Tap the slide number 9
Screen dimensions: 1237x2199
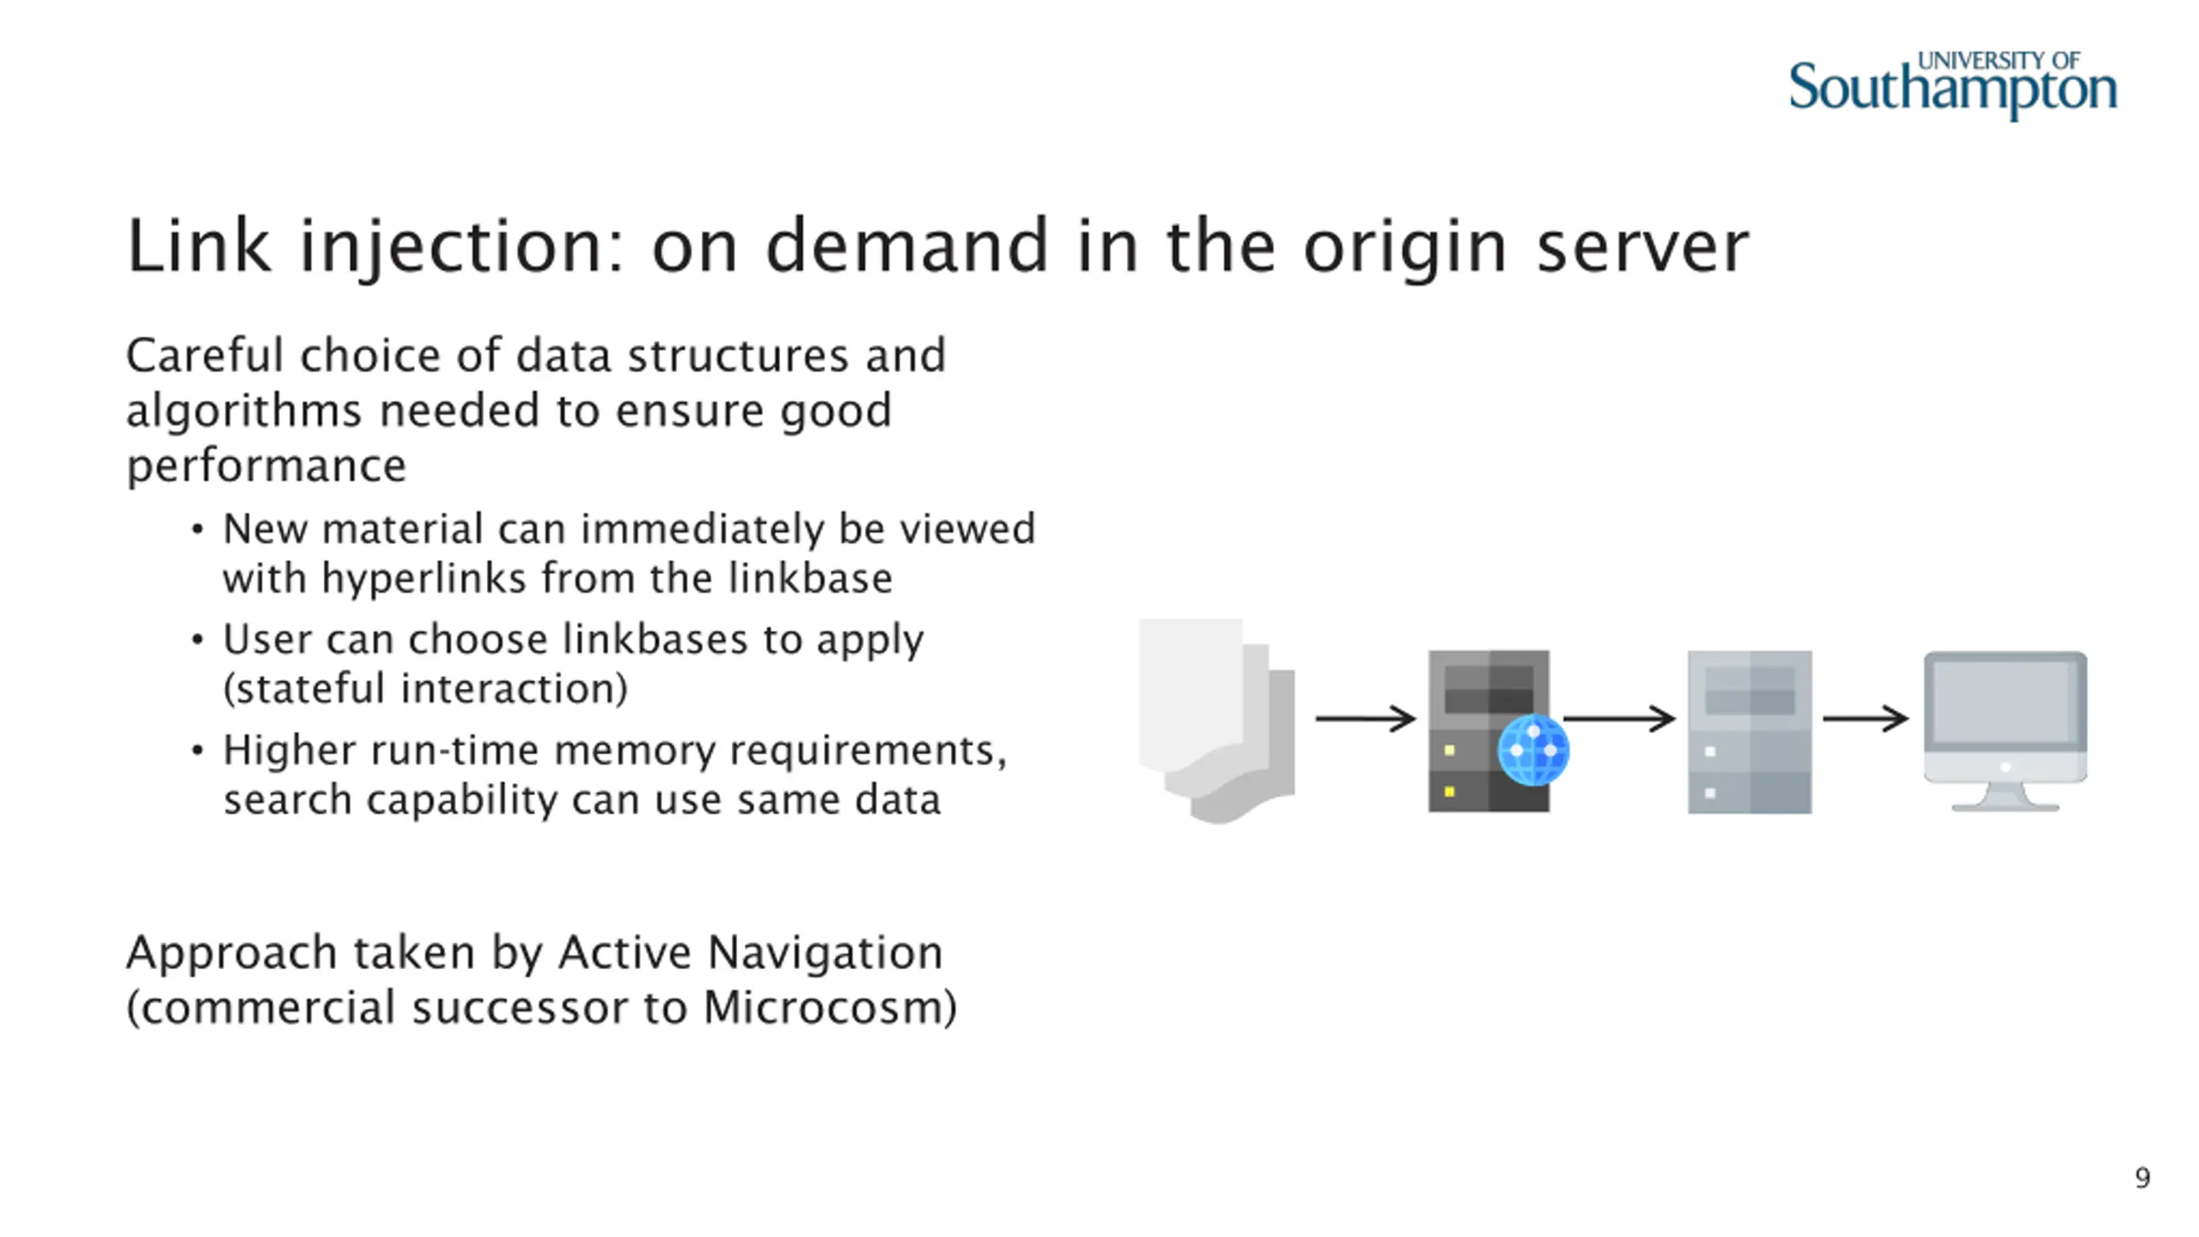2142,1177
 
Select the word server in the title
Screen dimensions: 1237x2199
1642,247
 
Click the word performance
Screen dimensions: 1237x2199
266,466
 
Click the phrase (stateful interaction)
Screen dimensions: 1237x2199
425,689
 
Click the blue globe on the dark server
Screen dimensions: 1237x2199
1533,750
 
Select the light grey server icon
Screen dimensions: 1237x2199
1750,731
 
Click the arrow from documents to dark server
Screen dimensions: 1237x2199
1365,718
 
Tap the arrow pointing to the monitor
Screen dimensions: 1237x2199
1865,718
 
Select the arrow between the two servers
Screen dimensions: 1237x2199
1619,718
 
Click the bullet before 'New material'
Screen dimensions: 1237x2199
198,529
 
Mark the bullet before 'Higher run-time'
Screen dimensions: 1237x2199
198,751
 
